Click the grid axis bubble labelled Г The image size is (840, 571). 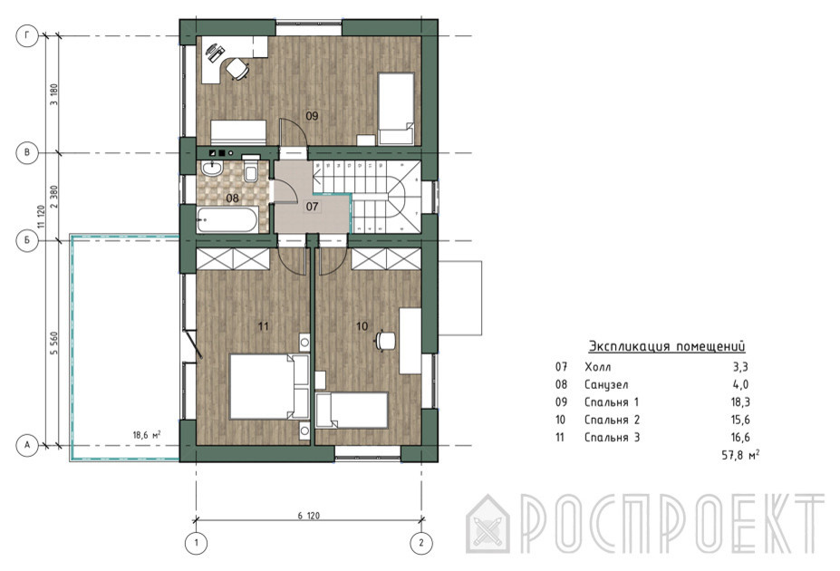click(27, 36)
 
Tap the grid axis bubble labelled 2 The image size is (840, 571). click(421, 543)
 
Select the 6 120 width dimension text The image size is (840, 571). click(309, 516)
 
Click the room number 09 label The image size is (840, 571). click(312, 115)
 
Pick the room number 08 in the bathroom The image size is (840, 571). click(232, 198)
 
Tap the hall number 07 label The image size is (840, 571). click(313, 206)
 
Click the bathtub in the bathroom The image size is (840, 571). click(227, 219)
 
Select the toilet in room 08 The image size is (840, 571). click(251, 168)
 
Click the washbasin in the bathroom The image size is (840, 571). click(212, 169)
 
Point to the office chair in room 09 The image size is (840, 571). click(237, 69)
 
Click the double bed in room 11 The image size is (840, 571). click(269, 386)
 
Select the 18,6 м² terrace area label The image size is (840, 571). click(148, 435)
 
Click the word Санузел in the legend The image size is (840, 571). click(606, 384)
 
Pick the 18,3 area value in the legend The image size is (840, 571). click(739, 402)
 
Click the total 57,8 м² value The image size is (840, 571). click(741, 455)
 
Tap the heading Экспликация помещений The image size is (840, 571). click(667, 346)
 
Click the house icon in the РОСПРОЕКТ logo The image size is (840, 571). click(488, 523)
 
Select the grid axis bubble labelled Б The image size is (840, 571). click(27, 240)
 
